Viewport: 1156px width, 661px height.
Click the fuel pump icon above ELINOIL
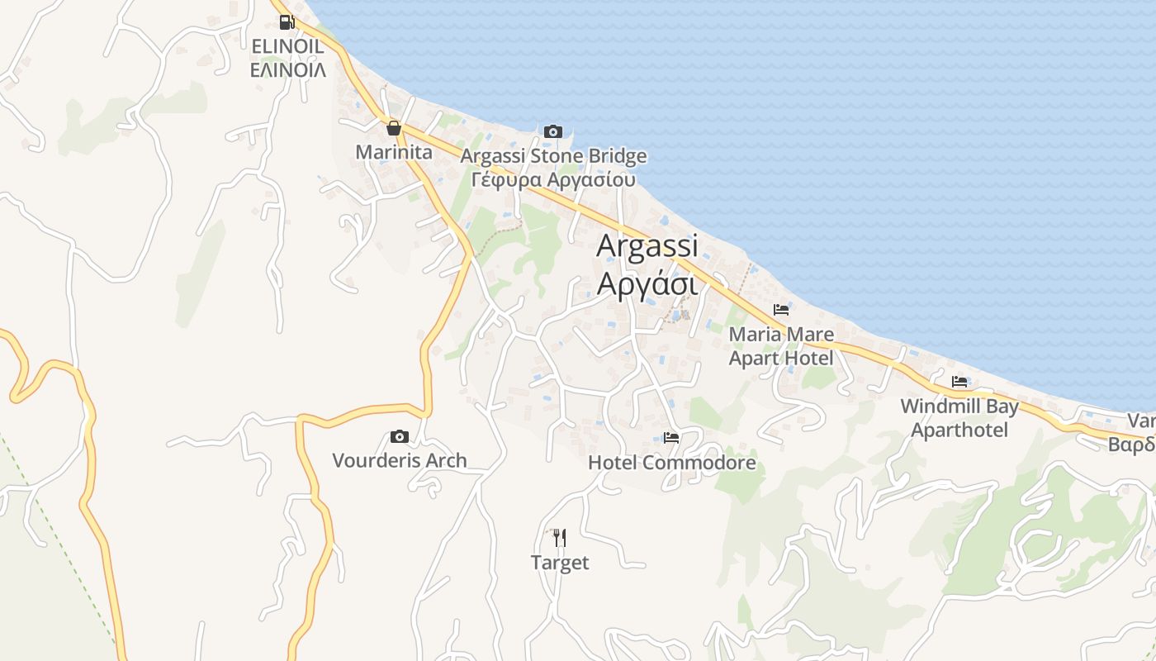tap(287, 22)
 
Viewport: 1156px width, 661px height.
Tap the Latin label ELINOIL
tap(287, 46)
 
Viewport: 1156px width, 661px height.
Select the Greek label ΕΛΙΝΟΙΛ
tap(287, 70)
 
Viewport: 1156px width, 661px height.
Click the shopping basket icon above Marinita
tap(394, 128)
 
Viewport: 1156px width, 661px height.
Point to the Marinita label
tap(394, 152)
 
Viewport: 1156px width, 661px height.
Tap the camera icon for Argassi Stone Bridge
tap(553, 131)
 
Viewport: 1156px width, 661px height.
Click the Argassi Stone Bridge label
tap(553, 156)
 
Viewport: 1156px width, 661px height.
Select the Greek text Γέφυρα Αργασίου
tap(553, 179)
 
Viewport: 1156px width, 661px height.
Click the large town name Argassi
tap(647, 245)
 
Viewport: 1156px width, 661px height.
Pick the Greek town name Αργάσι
tap(647, 283)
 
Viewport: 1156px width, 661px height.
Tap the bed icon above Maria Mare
tap(781, 310)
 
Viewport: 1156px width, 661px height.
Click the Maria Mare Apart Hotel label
tap(781, 346)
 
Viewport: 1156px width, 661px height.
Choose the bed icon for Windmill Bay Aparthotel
tap(959, 382)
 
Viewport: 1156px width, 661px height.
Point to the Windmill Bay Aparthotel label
tap(959, 418)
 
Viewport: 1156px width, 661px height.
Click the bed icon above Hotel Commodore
tap(671, 438)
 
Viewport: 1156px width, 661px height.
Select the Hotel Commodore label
tap(671, 463)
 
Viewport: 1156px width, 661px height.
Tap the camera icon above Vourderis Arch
tap(400, 436)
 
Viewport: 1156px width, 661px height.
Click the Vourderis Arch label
tap(400, 460)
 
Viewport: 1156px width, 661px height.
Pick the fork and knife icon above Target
tap(560, 538)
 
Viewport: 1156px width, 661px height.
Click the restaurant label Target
tap(560, 563)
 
